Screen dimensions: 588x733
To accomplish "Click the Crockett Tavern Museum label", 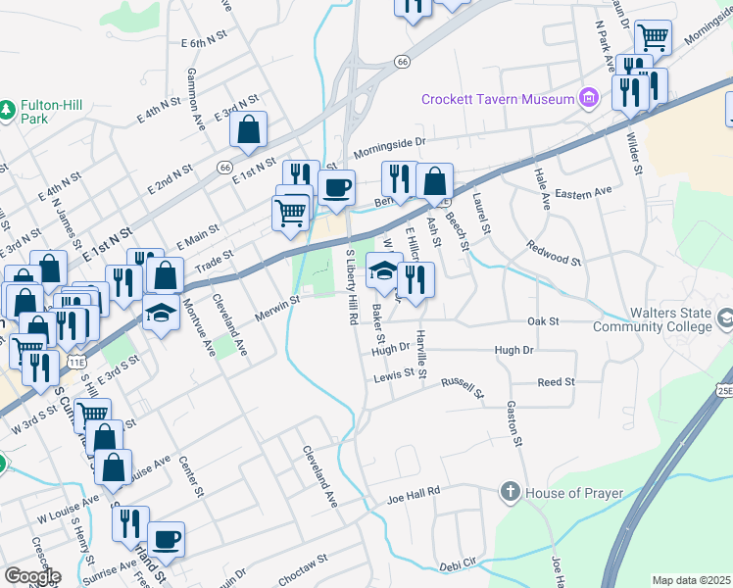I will pyautogui.click(x=497, y=98).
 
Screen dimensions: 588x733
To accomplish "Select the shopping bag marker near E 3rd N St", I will pyautogui.click(x=251, y=129).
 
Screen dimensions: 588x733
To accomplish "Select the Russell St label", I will pyautogui.click(x=463, y=388).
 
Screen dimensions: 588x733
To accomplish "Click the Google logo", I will pyautogui.click(x=31, y=575).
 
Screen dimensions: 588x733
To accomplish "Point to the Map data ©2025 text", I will pyautogui.click(x=692, y=580).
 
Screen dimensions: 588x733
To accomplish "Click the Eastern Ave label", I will pyautogui.click(x=583, y=192).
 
